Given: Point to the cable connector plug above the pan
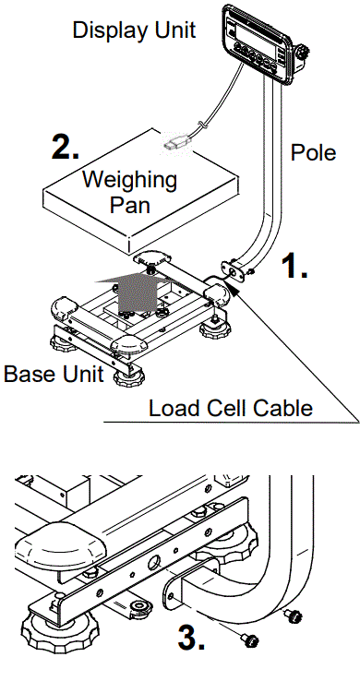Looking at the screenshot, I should pyautogui.click(x=177, y=143).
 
